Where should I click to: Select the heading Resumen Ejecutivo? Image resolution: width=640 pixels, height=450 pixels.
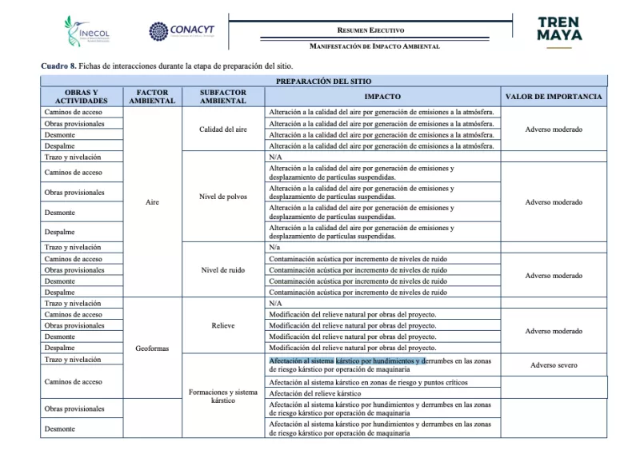pyautogui.click(x=370, y=30)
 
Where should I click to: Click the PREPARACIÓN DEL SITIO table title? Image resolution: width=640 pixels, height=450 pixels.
pyautogui.click(x=323, y=82)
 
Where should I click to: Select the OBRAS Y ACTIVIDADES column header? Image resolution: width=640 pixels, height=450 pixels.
pyautogui.click(x=81, y=97)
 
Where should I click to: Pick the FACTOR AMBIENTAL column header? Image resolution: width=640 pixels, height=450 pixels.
pyautogui.click(x=152, y=97)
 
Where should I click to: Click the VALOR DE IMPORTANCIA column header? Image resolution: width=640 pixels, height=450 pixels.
pyautogui.click(x=554, y=97)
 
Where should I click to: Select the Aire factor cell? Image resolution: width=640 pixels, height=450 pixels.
pyautogui.click(x=152, y=202)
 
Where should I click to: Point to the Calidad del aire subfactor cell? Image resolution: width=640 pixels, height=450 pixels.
pyautogui.click(x=223, y=129)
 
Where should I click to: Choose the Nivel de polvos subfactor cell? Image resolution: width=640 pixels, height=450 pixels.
pyautogui.click(x=223, y=197)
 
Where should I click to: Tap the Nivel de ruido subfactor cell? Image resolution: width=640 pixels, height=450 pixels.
pyautogui.click(x=223, y=270)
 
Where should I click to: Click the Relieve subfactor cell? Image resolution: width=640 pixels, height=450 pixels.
pyautogui.click(x=223, y=326)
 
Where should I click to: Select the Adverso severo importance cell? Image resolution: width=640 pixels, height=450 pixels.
pyautogui.click(x=554, y=365)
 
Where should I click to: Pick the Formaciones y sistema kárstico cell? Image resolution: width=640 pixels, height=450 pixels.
pyautogui.click(x=223, y=396)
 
